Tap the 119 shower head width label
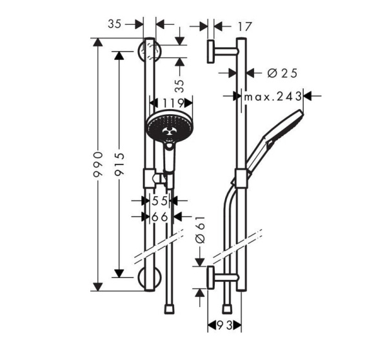pyautogui.click(x=170, y=103)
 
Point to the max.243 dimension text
pyautogui.click(x=273, y=96)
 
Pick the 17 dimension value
pyautogui.click(x=244, y=26)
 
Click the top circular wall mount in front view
pyautogui.click(x=148, y=50)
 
